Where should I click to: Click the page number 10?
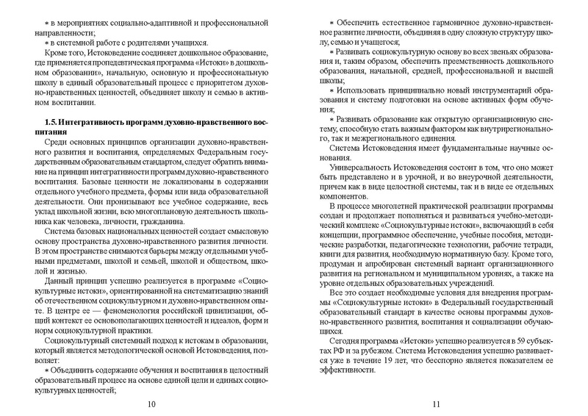[151, 404]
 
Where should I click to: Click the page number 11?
[436, 404]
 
